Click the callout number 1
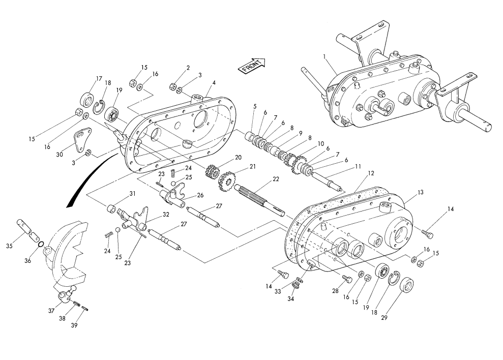[x=324, y=56]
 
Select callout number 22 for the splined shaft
[x=276, y=179]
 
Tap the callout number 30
[x=60, y=155]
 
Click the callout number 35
[x=10, y=246]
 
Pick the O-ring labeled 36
[x=41, y=245]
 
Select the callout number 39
[x=74, y=325]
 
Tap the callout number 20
[x=238, y=157]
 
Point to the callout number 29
[x=384, y=318]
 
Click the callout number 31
[x=132, y=194]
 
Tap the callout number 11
[x=358, y=166]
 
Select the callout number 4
[x=214, y=82]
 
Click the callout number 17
[x=99, y=79]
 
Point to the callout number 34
[x=290, y=298]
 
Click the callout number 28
[x=335, y=291]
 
